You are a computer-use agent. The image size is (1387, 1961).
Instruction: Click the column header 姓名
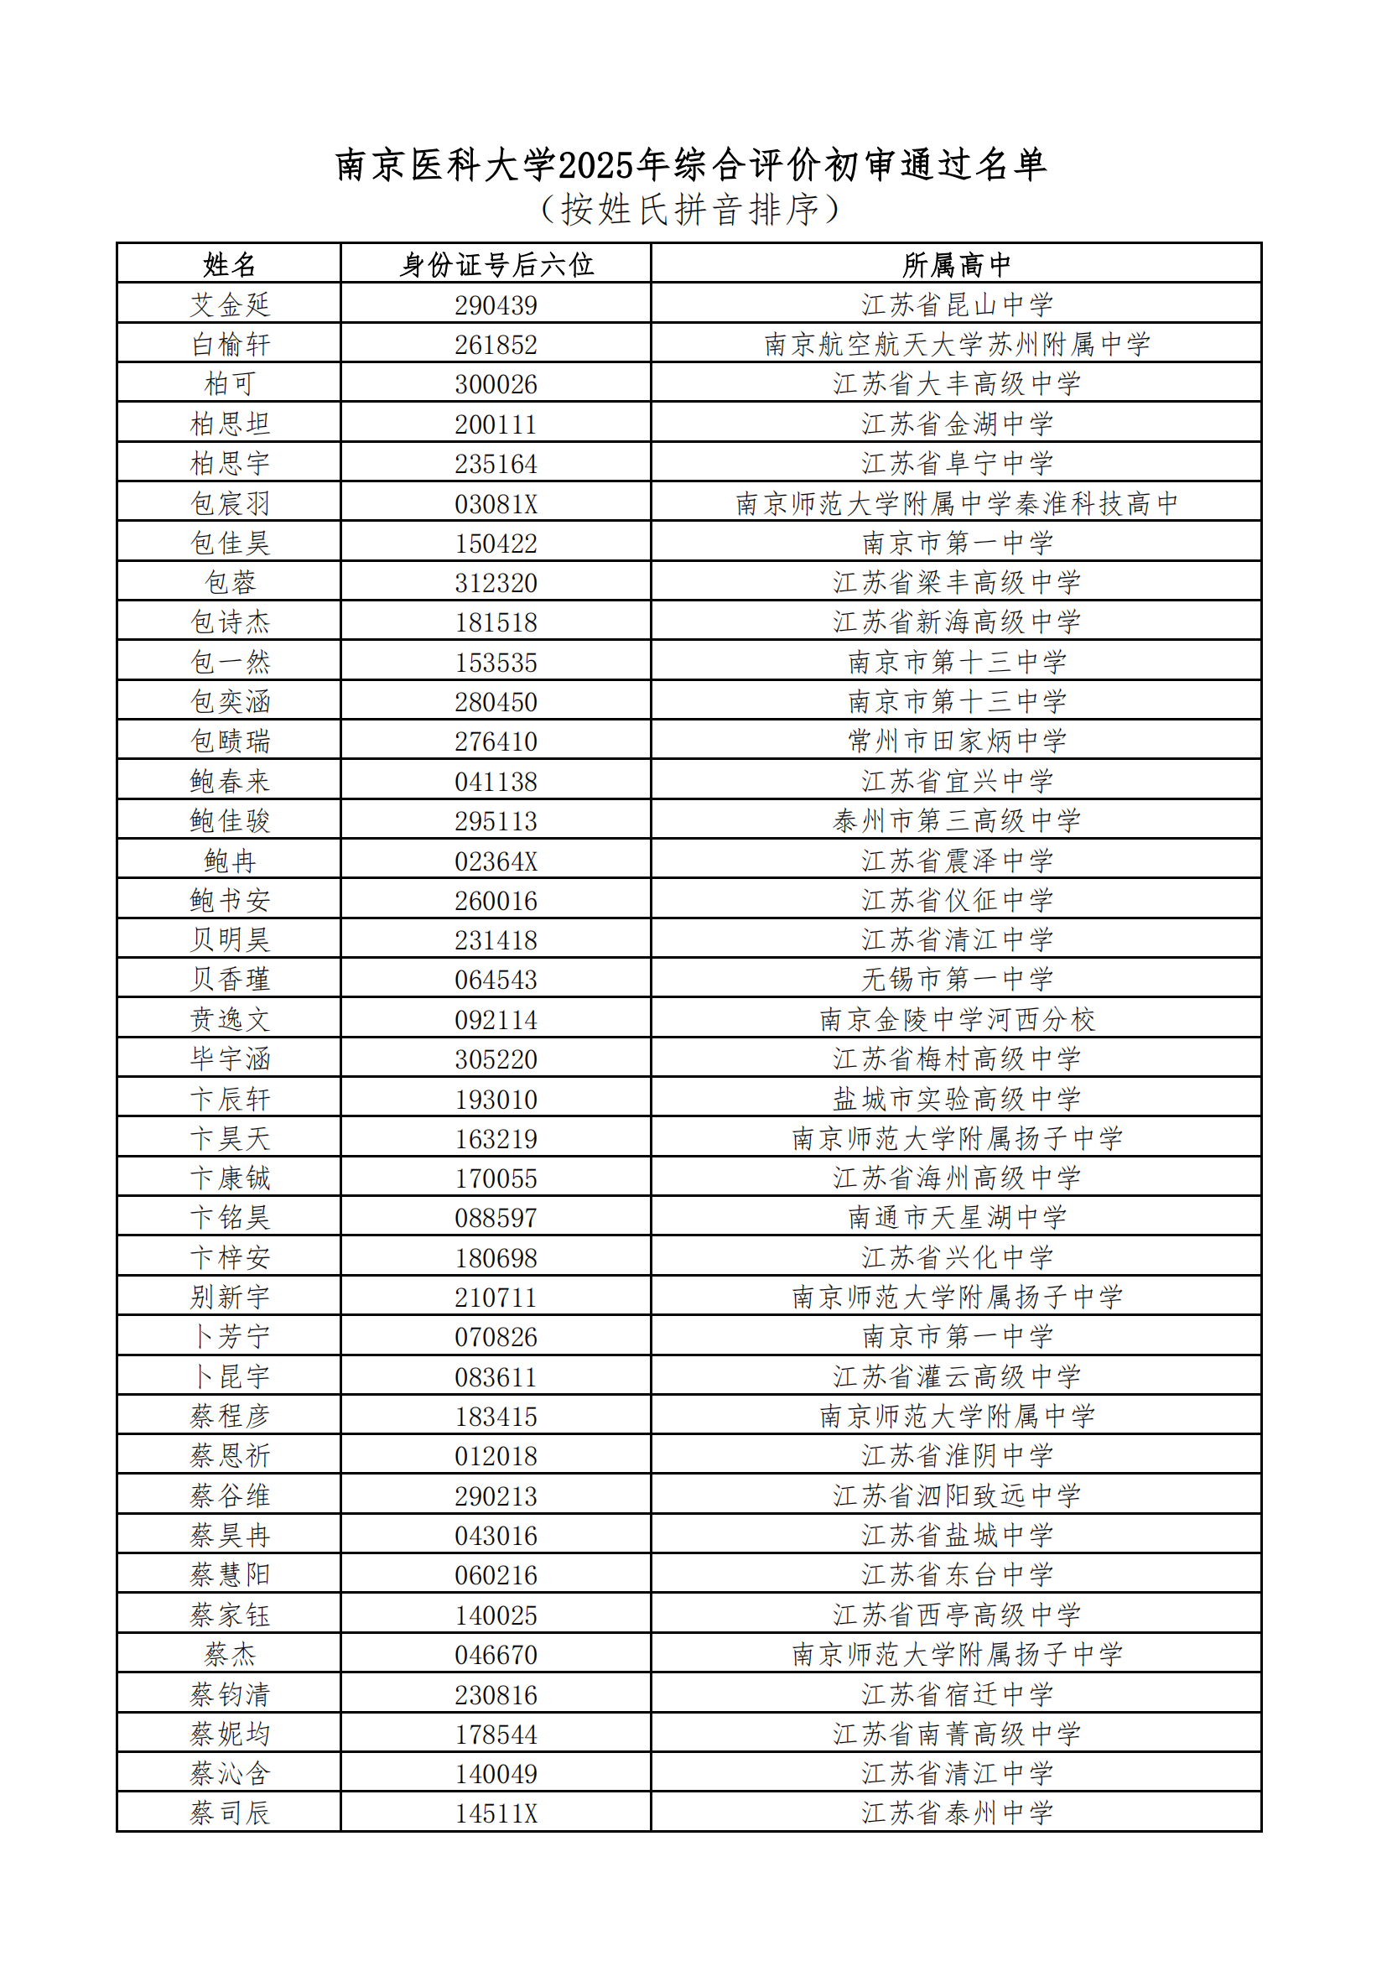(229, 265)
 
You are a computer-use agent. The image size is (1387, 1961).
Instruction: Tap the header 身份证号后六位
(496, 265)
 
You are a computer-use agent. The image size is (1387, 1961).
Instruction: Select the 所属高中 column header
(956, 265)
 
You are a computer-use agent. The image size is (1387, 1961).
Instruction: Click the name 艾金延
(229, 305)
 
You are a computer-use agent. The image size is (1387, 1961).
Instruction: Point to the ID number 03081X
(496, 504)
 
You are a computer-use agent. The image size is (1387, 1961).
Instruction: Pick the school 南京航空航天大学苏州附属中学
(956, 344)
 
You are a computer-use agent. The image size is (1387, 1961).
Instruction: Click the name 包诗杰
(229, 622)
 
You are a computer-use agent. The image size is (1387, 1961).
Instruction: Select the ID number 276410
(496, 741)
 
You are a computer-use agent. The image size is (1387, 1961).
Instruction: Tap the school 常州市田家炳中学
(956, 741)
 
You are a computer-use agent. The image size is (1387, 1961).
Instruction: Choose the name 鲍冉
(229, 861)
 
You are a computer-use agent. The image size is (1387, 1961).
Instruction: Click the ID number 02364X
(496, 861)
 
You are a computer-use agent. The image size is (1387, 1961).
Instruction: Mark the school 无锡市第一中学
(956, 980)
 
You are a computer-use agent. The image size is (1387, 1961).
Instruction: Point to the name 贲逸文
(229, 1020)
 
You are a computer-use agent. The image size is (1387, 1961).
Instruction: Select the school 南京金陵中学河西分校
(956, 1020)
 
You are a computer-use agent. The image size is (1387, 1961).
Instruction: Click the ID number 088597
(496, 1218)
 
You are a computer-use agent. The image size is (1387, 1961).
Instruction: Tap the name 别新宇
(229, 1298)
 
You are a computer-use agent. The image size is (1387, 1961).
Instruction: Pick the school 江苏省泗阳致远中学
(956, 1495)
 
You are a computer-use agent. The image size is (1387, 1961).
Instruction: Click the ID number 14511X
(496, 1813)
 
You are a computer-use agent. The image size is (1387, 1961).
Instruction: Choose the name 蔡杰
(229, 1654)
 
